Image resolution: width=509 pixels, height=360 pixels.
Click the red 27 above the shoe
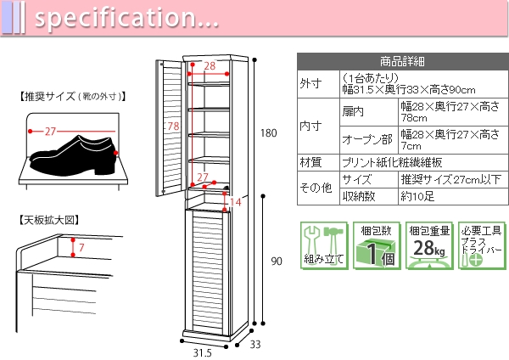coord(50,132)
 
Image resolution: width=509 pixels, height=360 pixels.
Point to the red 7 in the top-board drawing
coord(81,248)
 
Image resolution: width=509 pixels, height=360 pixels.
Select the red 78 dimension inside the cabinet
coord(172,127)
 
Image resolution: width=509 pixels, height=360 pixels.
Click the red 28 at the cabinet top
coord(209,66)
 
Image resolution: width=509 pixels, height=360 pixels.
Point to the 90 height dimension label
coord(276,262)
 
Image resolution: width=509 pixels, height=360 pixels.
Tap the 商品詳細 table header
coord(402,61)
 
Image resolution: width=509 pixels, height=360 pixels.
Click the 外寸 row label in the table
coord(311,83)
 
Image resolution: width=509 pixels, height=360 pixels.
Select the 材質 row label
coord(311,162)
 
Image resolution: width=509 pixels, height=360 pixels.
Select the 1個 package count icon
coord(376,247)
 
